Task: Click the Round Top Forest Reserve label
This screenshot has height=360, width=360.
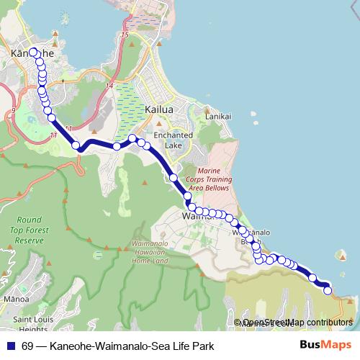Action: click(x=29, y=230)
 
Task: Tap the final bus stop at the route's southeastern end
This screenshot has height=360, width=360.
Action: click(x=328, y=291)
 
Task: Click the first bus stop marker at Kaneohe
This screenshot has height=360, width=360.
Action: click(x=32, y=51)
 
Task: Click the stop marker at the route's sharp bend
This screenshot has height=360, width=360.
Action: click(x=76, y=146)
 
